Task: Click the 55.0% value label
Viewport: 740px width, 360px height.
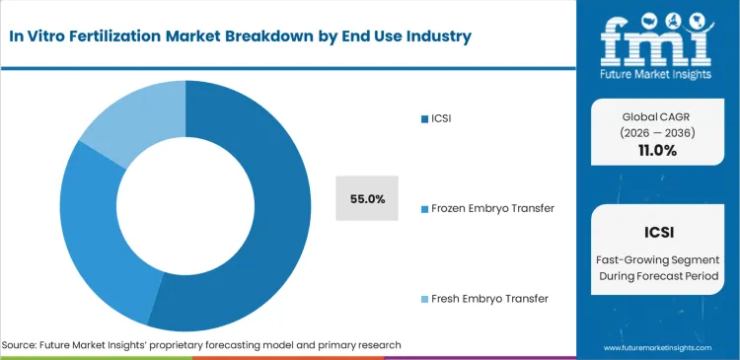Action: pyautogui.click(x=367, y=198)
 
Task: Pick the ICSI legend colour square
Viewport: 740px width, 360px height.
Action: pyautogui.click(x=423, y=120)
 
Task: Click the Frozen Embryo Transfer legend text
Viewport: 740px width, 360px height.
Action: pyautogui.click(x=491, y=208)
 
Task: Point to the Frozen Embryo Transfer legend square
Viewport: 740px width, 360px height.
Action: pyautogui.click(x=423, y=209)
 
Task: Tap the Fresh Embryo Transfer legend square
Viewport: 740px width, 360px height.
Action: pyautogui.click(x=423, y=298)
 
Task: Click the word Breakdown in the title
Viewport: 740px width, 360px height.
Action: pyautogui.click(x=270, y=36)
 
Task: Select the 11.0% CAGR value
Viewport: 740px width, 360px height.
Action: pyautogui.click(x=658, y=151)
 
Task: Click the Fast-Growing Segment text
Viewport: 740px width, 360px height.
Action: pyautogui.click(x=658, y=258)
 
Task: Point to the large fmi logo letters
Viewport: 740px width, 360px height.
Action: pyautogui.click(x=658, y=37)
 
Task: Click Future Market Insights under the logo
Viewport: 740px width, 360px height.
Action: pyautogui.click(x=658, y=73)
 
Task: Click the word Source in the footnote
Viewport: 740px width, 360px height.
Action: pyautogui.click(x=20, y=345)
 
